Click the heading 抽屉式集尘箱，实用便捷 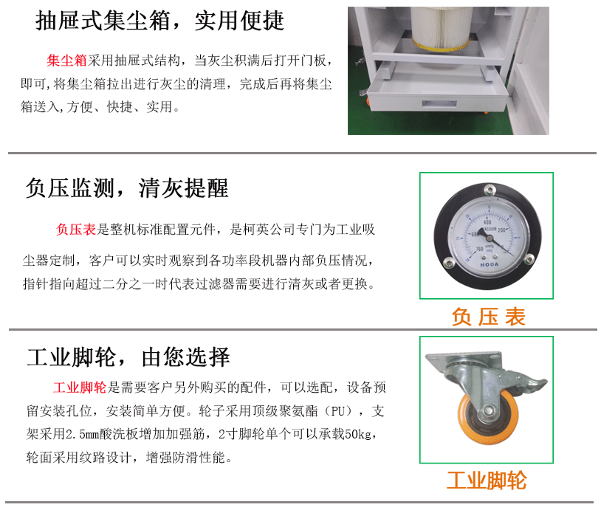tap(159, 21)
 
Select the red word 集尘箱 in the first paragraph tap(66, 61)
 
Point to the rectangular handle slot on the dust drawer tap(439, 104)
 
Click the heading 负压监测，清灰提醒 tap(127, 188)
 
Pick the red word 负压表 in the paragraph tap(75, 230)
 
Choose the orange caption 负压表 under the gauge tap(488, 317)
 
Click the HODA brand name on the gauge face tap(490, 264)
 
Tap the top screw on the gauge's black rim tap(489, 189)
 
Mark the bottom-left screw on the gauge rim tap(447, 263)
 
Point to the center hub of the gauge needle tap(481, 231)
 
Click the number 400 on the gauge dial tap(487, 222)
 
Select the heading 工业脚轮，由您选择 tap(128, 357)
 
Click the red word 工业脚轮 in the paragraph tap(80, 388)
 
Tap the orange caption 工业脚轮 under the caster tap(487, 481)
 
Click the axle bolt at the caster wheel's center tap(488, 410)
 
